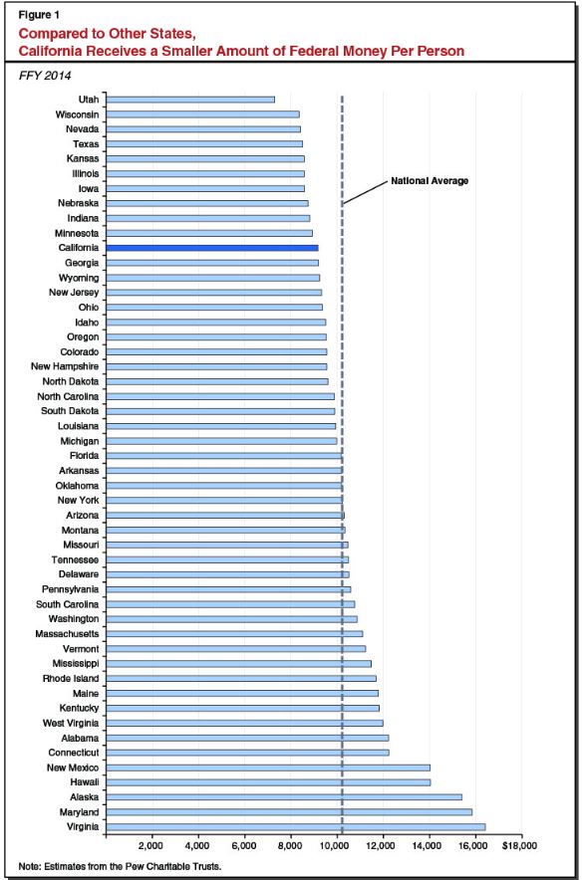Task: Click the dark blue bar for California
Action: (x=211, y=248)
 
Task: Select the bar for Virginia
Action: (x=295, y=827)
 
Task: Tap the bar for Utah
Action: (x=189, y=100)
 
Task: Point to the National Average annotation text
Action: (x=429, y=181)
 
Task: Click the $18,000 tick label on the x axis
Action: (x=519, y=846)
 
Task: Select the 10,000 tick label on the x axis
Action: (x=335, y=846)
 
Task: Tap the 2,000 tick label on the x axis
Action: (x=151, y=846)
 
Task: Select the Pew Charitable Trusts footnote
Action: (x=120, y=866)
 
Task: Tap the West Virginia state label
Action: (x=69, y=724)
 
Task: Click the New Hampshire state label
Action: (x=66, y=366)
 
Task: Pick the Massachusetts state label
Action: (x=65, y=634)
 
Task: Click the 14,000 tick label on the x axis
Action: (x=427, y=846)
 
